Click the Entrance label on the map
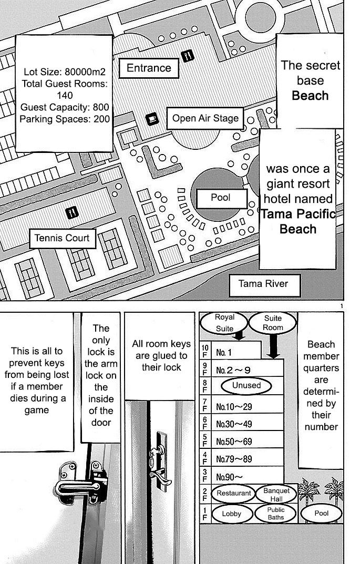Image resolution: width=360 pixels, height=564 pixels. (x=149, y=68)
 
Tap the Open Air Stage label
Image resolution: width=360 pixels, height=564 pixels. (x=205, y=118)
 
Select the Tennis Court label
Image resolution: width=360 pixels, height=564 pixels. (x=62, y=238)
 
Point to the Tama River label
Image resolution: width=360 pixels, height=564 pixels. (x=263, y=284)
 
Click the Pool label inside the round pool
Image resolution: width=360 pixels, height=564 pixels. (x=221, y=198)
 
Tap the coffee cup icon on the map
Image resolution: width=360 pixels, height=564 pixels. (x=152, y=119)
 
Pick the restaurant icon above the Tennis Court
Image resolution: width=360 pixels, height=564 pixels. (x=73, y=212)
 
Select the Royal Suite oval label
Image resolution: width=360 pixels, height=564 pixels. (x=225, y=323)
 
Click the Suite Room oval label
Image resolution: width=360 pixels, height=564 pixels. (x=273, y=323)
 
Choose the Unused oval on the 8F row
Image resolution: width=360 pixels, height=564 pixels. (x=246, y=385)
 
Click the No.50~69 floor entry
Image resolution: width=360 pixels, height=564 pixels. (x=234, y=441)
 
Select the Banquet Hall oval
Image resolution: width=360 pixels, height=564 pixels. (x=276, y=494)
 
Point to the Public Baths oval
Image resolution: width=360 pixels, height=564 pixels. (x=275, y=514)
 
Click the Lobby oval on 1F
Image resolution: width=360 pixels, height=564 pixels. (x=231, y=514)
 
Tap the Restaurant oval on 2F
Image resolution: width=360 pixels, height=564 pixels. (x=234, y=494)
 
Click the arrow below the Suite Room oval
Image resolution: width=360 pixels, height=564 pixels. (x=274, y=347)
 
